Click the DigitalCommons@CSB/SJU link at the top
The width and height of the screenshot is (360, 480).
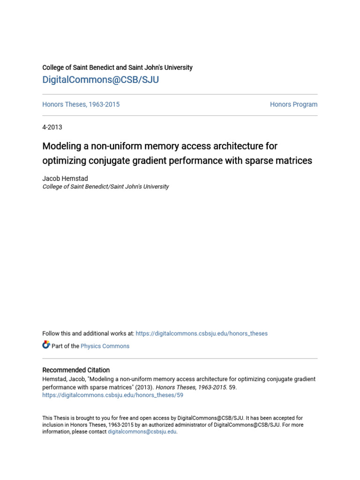(100, 80)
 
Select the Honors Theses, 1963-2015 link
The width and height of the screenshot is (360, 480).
(81, 105)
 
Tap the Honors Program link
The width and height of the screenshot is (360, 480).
(293, 105)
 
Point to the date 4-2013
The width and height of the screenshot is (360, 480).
(52, 127)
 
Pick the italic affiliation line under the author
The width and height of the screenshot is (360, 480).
(105, 187)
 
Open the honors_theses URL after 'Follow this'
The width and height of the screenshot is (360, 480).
(202, 334)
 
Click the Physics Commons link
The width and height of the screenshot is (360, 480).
(105, 346)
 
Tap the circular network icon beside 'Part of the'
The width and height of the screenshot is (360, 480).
(46, 345)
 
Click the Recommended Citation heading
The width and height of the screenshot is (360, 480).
(76, 370)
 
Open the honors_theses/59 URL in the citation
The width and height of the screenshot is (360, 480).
(112, 395)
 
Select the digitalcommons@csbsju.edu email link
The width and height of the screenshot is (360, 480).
(142, 432)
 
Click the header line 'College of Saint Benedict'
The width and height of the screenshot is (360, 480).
(117, 67)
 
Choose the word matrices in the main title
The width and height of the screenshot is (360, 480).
(293, 161)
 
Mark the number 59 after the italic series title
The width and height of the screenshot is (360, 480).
(232, 387)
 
